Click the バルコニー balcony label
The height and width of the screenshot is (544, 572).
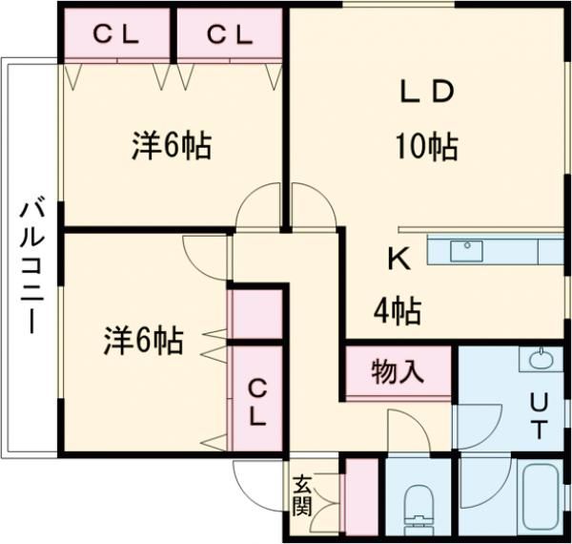click(31, 263)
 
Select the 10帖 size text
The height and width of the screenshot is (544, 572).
click(426, 147)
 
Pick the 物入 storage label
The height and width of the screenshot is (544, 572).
click(398, 370)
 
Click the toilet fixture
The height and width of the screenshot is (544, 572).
click(419, 506)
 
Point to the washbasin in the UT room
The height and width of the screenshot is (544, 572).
click(538, 361)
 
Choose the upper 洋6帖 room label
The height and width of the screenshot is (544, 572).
click(171, 146)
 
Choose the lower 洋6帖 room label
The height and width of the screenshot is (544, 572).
click(143, 339)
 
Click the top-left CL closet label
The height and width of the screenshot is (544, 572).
click(115, 34)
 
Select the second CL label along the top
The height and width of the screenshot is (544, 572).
click(230, 34)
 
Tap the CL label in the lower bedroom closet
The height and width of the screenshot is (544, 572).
click(257, 402)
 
